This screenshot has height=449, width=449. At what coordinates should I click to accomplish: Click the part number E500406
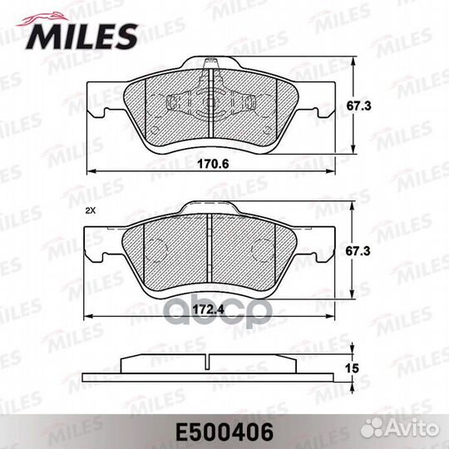coord(224,432)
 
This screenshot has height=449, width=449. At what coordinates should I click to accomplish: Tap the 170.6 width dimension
coord(214,164)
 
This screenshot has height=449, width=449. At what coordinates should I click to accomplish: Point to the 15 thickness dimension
coord(352,368)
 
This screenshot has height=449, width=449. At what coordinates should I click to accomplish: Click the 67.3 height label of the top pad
coord(359,106)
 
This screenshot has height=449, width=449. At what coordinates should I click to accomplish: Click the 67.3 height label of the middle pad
coord(358,251)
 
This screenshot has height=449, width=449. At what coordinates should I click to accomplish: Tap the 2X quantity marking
coord(90,210)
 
